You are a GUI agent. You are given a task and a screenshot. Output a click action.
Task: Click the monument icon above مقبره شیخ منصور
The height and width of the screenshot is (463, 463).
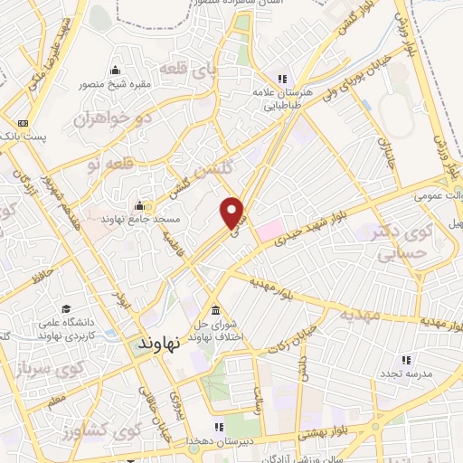pos(114,71)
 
